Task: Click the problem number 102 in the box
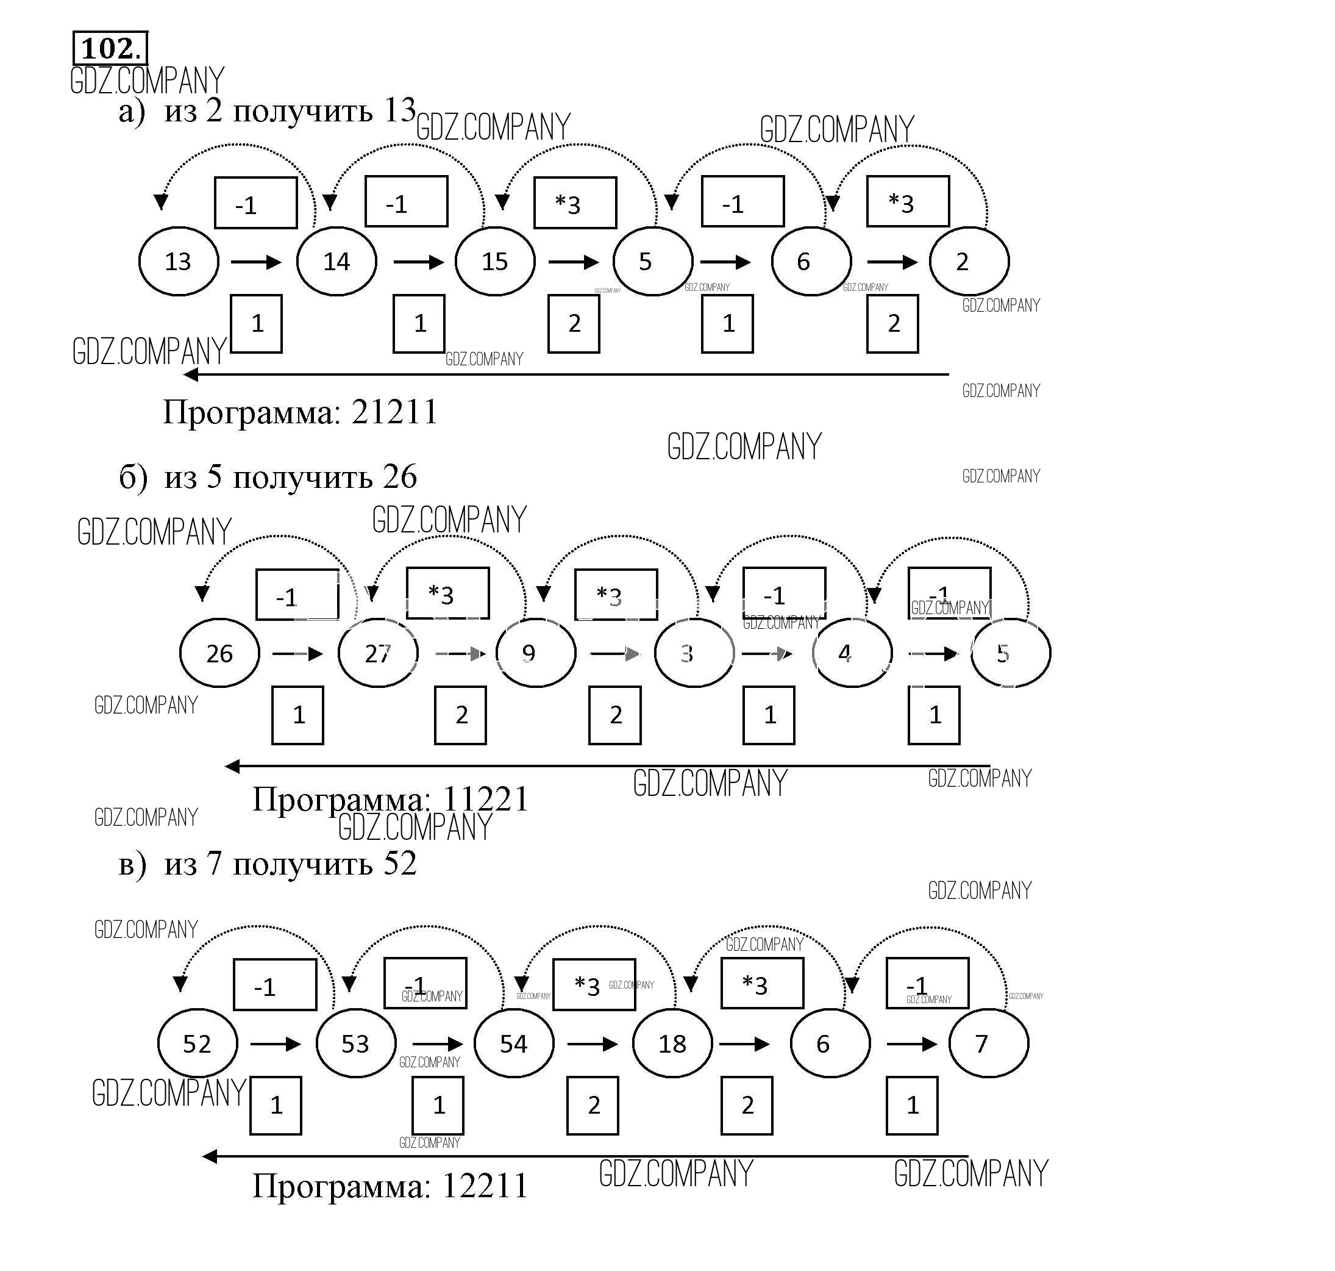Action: (x=110, y=49)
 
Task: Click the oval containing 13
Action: (x=179, y=262)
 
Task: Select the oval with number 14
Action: (x=336, y=262)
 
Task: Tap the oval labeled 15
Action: (x=495, y=262)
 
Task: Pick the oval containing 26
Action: (x=219, y=654)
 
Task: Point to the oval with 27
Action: (x=378, y=654)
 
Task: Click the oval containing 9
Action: (x=536, y=654)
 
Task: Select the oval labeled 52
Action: (x=198, y=1044)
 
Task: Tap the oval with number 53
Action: (x=355, y=1044)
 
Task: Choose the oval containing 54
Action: (x=514, y=1044)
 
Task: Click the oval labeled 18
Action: (x=672, y=1044)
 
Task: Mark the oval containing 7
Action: (x=989, y=1044)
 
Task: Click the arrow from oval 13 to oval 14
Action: (x=256, y=262)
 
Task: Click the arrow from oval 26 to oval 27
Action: (x=297, y=654)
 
